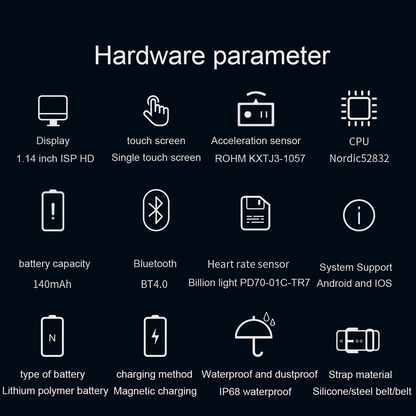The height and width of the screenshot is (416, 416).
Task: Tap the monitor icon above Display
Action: coord(53,110)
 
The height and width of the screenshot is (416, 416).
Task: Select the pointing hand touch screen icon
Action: coord(156,110)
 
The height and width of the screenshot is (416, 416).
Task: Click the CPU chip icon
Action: coord(359,108)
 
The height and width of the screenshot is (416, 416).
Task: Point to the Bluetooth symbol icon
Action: coord(156,210)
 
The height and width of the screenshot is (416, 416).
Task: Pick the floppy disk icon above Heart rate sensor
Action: coord(255,213)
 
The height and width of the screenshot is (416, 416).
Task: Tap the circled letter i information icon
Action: coord(359,215)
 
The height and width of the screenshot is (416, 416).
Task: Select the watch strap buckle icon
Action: coord(358,340)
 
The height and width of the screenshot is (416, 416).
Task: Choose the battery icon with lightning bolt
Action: coord(155,336)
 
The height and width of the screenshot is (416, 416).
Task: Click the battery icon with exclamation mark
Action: coord(53,211)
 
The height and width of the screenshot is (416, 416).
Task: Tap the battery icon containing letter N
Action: coord(52,337)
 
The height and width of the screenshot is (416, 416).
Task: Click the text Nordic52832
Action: coord(359,158)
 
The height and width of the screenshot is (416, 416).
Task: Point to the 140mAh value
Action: coord(52,285)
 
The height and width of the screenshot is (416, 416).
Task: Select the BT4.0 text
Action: coord(154,285)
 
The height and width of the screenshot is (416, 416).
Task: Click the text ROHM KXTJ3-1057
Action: coord(260,158)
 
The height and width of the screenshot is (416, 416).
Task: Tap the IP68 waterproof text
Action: coord(255,392)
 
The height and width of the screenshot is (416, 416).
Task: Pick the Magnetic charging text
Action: coord(155,391)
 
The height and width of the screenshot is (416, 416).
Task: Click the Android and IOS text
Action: coord(354,283)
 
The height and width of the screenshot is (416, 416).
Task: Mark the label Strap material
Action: coord(360,375)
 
